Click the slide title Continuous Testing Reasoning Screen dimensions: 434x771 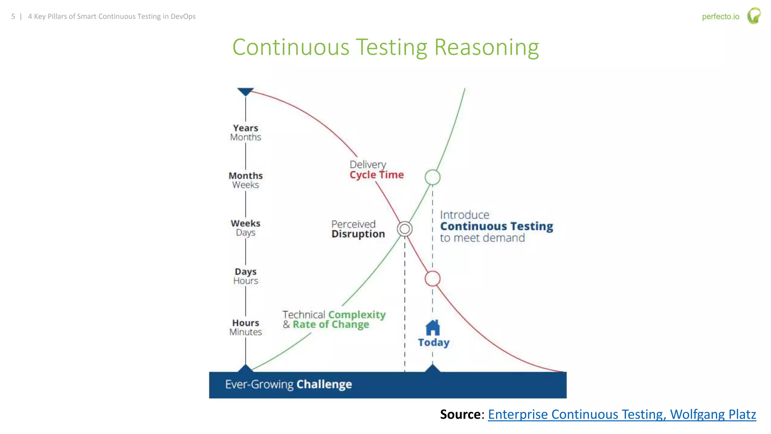[385, 47]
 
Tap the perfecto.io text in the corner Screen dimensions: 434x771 [720, 17]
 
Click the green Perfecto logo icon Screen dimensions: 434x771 [754, 16]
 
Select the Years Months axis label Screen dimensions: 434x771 [245, 133]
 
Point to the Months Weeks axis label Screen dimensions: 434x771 [245, 180]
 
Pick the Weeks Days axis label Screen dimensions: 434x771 [245, 228]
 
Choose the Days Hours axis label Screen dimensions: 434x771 [245, 276]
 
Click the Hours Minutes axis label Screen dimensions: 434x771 [245, 327]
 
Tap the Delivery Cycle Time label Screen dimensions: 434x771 [376, 170]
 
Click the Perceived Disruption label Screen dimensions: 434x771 [358, 229]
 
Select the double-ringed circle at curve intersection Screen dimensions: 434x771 [405, 229]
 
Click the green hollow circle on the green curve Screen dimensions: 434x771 [433, 177]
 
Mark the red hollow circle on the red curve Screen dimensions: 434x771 [433, 279]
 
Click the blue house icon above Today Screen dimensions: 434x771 [433, 328]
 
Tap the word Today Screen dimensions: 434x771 [434, 342]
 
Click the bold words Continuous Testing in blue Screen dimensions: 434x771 [496, 226]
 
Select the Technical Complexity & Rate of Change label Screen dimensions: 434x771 [334, 319]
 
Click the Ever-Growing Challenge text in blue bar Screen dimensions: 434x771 [288, 384]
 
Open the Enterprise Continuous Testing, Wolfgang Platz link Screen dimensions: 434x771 [622, 414]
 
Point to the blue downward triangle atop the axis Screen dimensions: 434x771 [245, 92]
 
